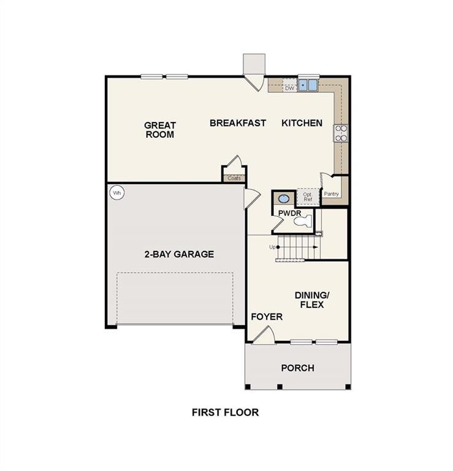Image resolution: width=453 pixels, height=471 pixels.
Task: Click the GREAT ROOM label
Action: [159, 129]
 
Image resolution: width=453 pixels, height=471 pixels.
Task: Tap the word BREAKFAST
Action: [238, 123]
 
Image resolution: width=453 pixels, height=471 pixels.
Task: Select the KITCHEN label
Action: [302, 123]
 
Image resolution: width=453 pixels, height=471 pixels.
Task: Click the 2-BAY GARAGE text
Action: [179, 254]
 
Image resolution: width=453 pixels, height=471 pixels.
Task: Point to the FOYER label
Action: [267, 316]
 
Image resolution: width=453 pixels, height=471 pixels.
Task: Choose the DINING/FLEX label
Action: [309, 299]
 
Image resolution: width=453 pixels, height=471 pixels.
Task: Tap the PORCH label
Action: [297, 368]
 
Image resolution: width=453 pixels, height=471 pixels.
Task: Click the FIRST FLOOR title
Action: [225, 412]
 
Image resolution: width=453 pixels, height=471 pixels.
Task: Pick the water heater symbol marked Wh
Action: [116, 193]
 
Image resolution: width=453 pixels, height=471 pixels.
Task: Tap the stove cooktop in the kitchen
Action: [341, 133]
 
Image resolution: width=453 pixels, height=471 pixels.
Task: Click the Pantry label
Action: [332, 194]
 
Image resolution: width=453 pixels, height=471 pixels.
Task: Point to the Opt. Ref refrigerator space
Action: [308, 196]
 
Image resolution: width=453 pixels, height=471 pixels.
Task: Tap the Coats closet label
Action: [234, 178]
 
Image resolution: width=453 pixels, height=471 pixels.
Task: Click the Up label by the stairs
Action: [272, 247]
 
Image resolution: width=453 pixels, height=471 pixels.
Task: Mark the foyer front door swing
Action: [264, 334]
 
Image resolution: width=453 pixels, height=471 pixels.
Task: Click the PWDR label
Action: [288, 213]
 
